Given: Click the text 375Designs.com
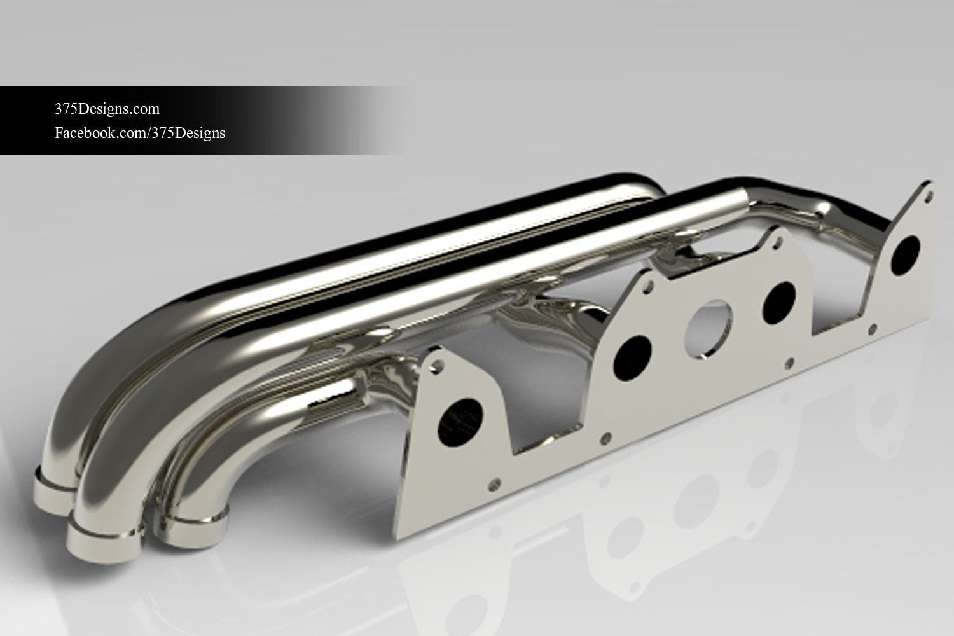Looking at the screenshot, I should pos(107,109).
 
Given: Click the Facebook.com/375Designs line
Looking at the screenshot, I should pos(140,133).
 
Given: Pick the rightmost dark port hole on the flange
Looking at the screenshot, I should pos(906,253).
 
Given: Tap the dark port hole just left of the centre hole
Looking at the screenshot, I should pos(633,357).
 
